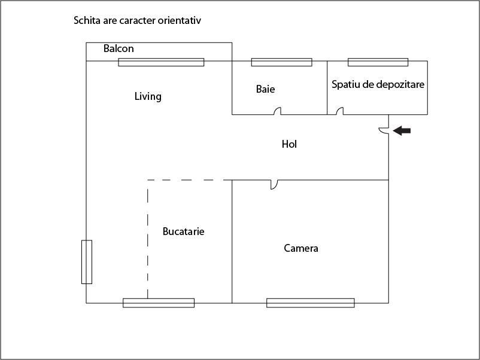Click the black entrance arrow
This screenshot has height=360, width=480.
click(402, 130)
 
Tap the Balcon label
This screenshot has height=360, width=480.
click(119, 48)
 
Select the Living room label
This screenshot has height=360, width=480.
click(148, 96)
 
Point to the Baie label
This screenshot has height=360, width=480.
click(265, 89)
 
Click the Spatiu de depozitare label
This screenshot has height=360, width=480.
click(378, 84)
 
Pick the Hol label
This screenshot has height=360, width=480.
click(289, 144)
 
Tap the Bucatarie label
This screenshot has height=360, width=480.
click(183, 231)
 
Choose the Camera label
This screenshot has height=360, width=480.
click(301, 248)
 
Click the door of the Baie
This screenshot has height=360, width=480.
click(277, 111)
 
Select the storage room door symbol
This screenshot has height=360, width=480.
click(340, 111)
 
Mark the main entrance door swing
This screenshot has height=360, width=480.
click(384, 130)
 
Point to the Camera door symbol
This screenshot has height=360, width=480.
click(274, 185)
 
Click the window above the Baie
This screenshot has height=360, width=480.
click(282, 62)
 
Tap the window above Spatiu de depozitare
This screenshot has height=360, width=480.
click(378, 62)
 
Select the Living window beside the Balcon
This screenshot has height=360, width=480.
click(162, 62)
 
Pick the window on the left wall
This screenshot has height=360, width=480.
click(87, 262)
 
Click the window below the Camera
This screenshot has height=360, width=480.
click(311, 303)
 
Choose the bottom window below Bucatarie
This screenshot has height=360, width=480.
click(159, 303)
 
